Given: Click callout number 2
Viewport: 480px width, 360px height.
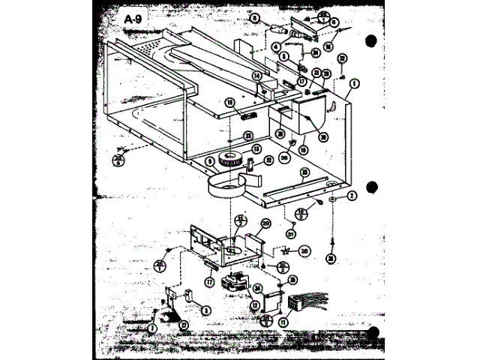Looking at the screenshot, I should click(351, 196).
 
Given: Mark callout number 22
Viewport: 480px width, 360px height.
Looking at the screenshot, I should click(268, 161).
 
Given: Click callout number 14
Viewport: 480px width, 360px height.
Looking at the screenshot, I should click(256, 76).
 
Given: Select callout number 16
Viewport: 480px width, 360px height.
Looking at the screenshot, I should click(349, 43).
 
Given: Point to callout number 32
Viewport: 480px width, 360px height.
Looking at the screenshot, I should click(341, 58).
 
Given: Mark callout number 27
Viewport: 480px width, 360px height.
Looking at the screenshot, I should click(183, 325).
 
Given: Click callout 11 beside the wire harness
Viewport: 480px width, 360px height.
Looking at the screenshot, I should click(283, 323).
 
